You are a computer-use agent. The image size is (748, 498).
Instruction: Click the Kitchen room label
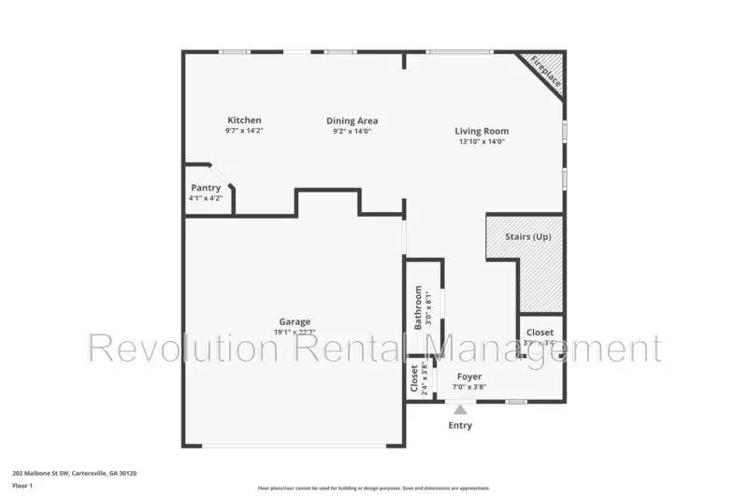click(x=244, y=120)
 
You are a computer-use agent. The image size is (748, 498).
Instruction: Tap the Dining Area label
click(x=352, y=120)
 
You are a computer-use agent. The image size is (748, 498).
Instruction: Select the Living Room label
click(x=482, y=131)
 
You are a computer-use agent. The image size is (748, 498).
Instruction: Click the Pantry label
click(x=206, y=188)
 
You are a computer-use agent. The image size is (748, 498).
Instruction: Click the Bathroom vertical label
click(x=418, y=307)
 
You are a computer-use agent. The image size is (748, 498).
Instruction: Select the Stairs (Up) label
click(x=527, y=236)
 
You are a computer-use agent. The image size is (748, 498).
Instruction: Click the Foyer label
click(x=468, y=377)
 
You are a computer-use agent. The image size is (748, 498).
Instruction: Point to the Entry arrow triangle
click(x=459, y=407)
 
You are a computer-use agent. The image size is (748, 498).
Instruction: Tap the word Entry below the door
click(x=459, y=426)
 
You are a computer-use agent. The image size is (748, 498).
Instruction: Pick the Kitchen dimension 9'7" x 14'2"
click(x=244, y=132)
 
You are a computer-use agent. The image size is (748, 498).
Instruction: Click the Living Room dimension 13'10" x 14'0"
click(x=482, y=143)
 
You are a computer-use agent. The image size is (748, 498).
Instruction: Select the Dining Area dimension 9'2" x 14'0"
click(x=352, y=132)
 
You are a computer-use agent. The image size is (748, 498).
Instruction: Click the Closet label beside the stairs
click(x=539, y=333)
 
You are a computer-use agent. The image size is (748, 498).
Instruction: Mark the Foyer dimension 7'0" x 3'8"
click(x=468, y=388)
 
